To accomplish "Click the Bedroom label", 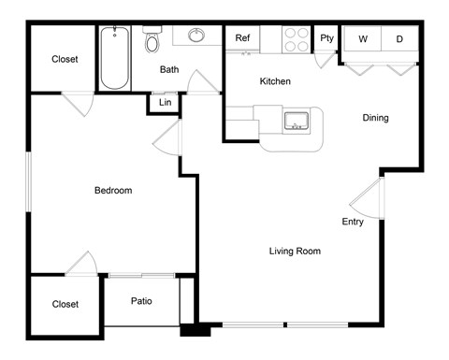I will pyautogui.click(x=113, y=191).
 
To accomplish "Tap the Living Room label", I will pyautogui.click(x=295, y=251).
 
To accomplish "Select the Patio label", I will pyautogui.click(x=141, y=301).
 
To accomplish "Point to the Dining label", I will pyautogui.click(x=375, y=118).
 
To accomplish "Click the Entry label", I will pyautogui.click(x=353, y=222).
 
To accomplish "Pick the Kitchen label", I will pyautogui.click(x=275, y=81).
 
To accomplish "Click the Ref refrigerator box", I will pyautogui.click(x=242, y=38).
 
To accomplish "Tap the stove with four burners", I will pyautogui.click(x=297, y=38).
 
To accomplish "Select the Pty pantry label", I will pyautogui.click(x=326, y=38).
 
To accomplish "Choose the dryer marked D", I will pyautogui.click(x=399, y=39).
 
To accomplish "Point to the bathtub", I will pyautogui.click(x=114, y=57).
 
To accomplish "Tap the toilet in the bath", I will pyautogui.click(x=152, y=39).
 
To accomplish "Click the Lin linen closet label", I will pyautogui.click(x=165, y=102).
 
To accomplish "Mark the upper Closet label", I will pyautogui.click(x=65, y=59).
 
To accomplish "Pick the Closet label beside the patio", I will pyautogui.click(x=65, y=304).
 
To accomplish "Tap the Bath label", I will pyautogui.click(x=169, y=69).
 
